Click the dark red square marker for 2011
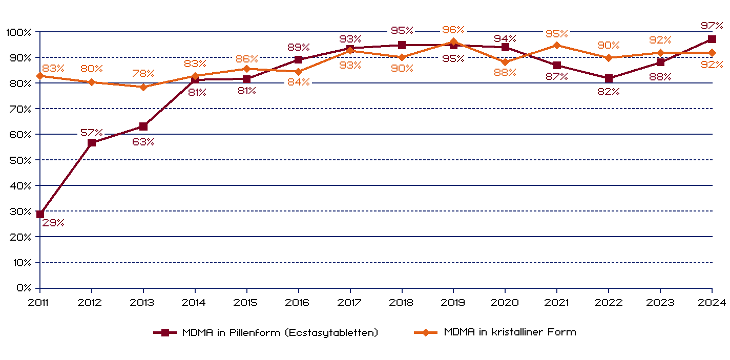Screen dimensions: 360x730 click(x=40, y=214)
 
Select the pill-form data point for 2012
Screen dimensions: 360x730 click(x=92, y=143)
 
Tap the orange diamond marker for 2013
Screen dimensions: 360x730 click(x=143, y=87)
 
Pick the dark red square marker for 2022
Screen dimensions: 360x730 click(x=609, y=78)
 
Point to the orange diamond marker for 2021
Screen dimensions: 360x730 click(x=557, y=45)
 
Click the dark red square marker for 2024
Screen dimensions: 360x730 click(x=712, y=39)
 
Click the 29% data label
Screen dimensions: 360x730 click(x=53, y=223)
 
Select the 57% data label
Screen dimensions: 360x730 click(x=91, y=133)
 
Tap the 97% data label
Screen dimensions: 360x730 click(x=712, y=26)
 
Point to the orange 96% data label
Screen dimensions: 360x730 click(x=453, y=30)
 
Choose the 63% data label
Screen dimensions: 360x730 click(x=143, y=142)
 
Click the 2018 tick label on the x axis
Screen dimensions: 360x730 click(x=401, y=303)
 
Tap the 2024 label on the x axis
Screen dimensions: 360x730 click(x=713, y=303)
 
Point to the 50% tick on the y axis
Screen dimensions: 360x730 click(x=20, y=160)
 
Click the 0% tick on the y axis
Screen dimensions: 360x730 click(x=24, y=288)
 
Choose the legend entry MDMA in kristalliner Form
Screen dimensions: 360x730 click(x=510, y=332)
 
